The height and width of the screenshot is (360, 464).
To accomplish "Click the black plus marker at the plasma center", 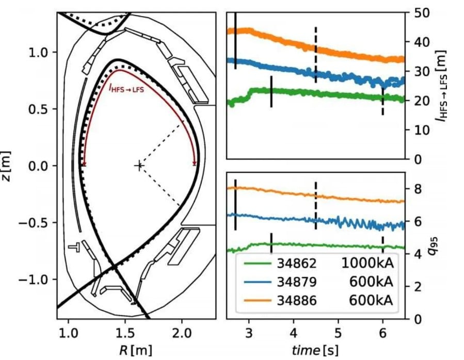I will pyautogui.click(x=138, y=166).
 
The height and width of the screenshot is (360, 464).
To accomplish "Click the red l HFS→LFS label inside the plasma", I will pyautogui.click(x=126, y=88).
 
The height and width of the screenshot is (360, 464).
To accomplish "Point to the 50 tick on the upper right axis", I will pyautogui.click(x=420, y=12).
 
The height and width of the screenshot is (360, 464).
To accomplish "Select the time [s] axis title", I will pyautogui.click(x=315, y=350).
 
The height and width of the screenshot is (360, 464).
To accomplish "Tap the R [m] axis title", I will pyautogui.click(x=135, y=350).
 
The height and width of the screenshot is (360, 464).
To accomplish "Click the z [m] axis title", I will pyautogui.click(x=7, y=166).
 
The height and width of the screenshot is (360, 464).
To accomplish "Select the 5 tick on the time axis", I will pyautogui.click(x=338, y=333).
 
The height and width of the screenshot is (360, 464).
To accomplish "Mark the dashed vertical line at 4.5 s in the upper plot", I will pyautogui.click(x=316, y=54).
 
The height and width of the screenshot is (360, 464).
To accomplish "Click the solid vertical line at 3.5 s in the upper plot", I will pyautogui.click(x=271, y=91).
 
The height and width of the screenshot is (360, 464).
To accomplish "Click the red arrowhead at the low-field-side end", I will pyautogui.click(x=195, y=163).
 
